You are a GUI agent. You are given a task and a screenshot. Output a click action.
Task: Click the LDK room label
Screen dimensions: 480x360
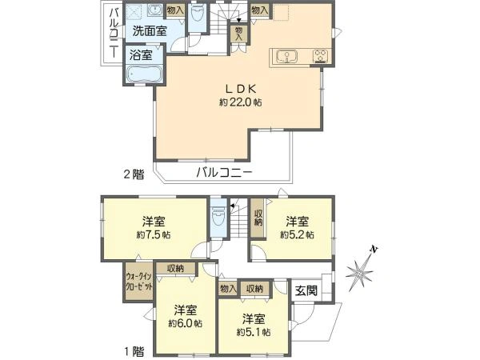(x=241, y=89)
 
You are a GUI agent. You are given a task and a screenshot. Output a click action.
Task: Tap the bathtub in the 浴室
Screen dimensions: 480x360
(x=144, y=74)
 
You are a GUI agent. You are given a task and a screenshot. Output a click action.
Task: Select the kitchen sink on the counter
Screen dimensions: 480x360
(x=286, y=56)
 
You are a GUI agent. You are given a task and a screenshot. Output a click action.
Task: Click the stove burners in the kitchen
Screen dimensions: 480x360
(x=320, y=56)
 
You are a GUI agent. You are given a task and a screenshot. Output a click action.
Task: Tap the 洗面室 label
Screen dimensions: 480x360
(x=150, y=31)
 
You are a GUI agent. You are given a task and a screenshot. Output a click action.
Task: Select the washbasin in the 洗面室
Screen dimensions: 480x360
(x=153, y=10)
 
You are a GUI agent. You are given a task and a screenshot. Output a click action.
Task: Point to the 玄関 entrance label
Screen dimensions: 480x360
(x=306, y=290)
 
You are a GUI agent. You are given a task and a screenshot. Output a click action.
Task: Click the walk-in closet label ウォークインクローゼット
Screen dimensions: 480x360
(x=138, y=282)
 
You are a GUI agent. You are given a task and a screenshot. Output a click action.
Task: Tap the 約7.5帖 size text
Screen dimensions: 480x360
(x=154, y=235)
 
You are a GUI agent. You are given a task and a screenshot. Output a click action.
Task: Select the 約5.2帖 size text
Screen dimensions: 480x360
(x=297, y=234)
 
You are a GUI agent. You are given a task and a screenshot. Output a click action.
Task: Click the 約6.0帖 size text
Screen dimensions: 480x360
(x=186, y=323)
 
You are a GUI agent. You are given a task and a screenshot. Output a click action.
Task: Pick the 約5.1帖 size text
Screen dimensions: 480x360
(x=254, y=332)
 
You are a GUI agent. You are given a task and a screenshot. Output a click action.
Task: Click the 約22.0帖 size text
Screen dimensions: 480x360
(x=241, y=102)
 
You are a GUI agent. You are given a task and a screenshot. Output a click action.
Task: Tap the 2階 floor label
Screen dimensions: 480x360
(x=134, y=174)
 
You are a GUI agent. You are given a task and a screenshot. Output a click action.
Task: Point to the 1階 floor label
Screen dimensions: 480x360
(x=134, y=351)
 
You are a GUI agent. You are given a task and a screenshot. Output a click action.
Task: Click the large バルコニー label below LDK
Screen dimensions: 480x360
(x=224, y=173)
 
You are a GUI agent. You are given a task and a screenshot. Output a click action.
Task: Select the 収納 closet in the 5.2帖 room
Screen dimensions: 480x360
(x=258, y=218)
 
